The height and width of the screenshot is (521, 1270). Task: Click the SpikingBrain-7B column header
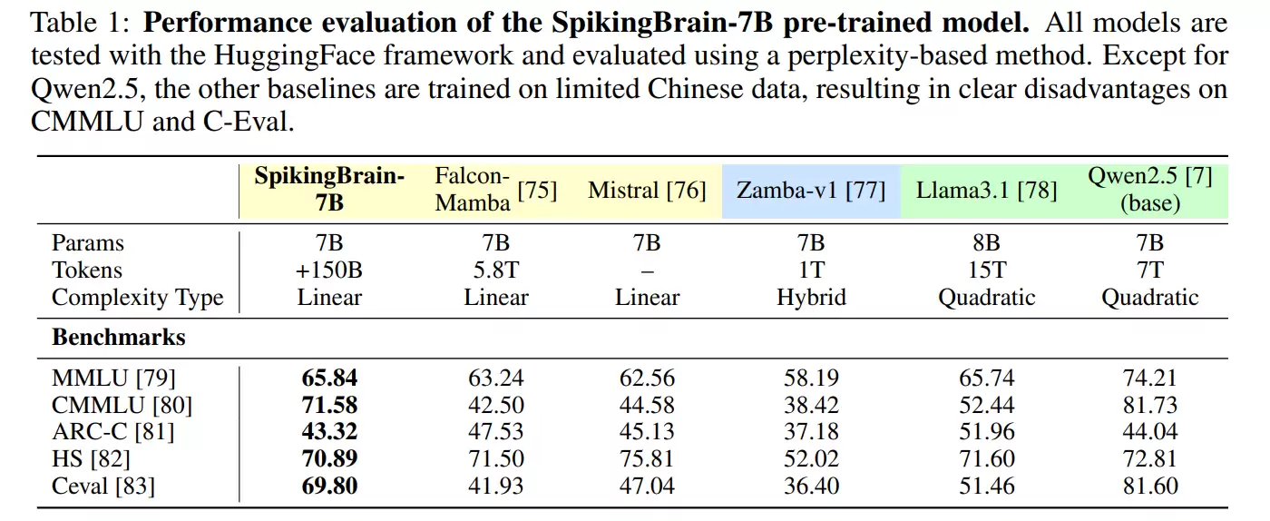[329, 190]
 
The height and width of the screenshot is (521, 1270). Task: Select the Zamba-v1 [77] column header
[811, 191]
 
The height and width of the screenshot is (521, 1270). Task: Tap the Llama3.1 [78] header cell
[986, 191]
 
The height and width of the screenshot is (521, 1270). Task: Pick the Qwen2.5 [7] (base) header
[1150, 190]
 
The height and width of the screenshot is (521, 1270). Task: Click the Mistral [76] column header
[647, 191]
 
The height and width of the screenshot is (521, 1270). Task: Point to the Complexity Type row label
[137, 298]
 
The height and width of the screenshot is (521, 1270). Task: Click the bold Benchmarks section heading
[118, 338]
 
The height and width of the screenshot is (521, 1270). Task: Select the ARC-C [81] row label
[112, 432]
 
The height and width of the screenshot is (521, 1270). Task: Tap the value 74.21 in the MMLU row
[1150, 378]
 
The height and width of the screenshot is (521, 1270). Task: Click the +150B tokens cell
[329, 270]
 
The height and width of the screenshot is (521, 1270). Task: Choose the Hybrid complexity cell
[811, 298]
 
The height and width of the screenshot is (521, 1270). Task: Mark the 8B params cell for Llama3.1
[987, 243]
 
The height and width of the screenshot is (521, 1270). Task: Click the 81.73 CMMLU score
[1150, 405]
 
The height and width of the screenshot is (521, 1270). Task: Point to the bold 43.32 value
[329, 432]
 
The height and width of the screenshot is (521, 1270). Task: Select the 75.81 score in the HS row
[647, 459]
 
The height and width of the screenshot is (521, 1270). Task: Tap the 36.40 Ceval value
[811, 487]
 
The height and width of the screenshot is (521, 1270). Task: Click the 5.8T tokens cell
[496, 270]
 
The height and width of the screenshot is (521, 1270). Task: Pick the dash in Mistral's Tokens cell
[647, 270]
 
